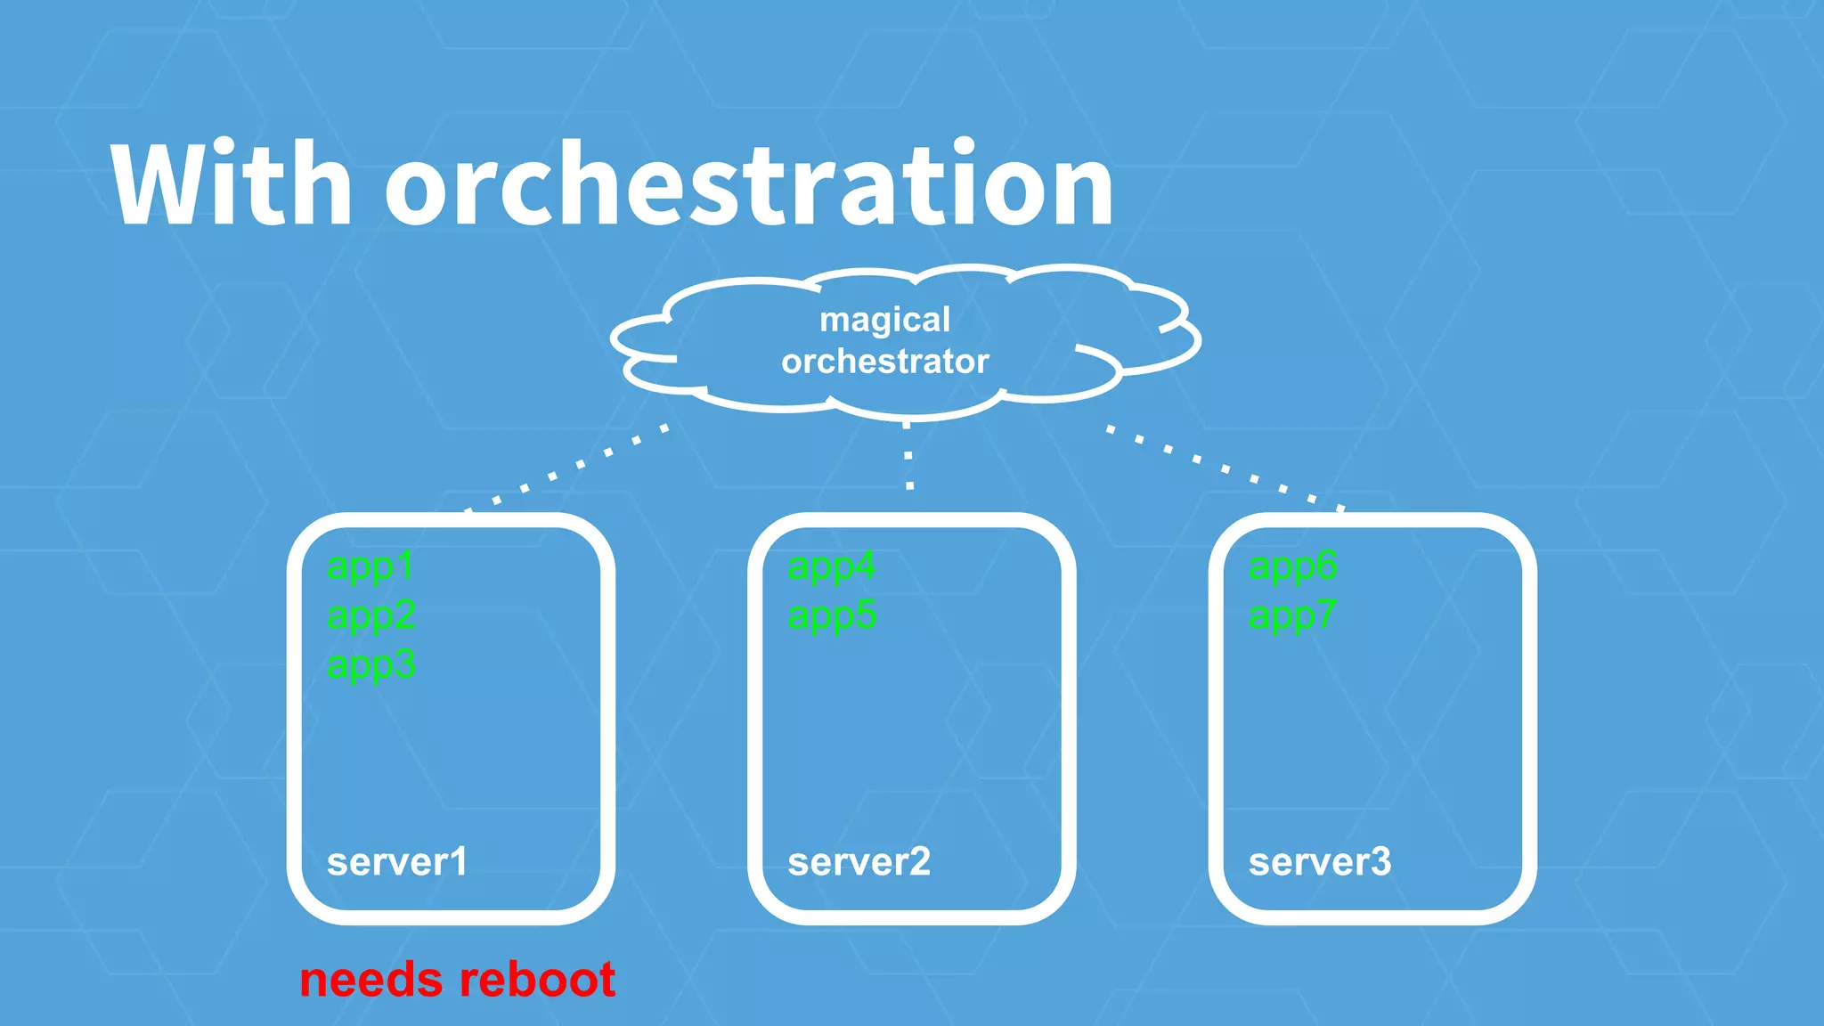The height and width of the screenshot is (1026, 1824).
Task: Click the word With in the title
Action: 232,184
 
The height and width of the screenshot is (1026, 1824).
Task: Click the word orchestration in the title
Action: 748,184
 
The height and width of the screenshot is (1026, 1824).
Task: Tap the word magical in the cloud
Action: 884,320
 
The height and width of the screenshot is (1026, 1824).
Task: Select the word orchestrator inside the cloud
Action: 884,362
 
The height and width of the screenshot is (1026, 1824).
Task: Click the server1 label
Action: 396,862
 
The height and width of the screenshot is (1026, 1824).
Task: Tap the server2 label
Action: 859,862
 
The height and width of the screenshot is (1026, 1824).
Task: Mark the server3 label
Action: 1319,862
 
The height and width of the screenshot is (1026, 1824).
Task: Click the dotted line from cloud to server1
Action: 566,469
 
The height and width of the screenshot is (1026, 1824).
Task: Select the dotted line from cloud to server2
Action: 908,457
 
